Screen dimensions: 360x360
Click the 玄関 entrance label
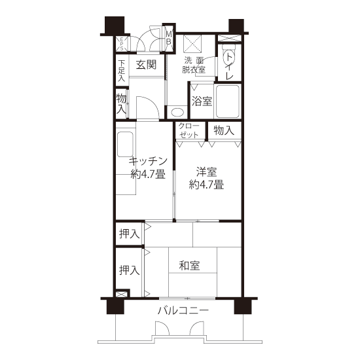(x=146, y=65)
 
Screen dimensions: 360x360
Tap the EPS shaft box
(x=122, y=44)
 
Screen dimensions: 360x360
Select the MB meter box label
(x=169, y=38)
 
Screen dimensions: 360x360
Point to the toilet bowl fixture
(x=228, y=56)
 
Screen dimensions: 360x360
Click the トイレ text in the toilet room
(x=228, y=66)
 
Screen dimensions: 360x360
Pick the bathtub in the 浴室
(x=228, y=101)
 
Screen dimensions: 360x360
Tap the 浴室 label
(x=202, y=101)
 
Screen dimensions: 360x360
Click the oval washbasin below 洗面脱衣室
(x=177, y=113)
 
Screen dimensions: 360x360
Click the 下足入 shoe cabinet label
(x=122, y=71)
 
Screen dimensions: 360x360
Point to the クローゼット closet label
(x=189, y=130)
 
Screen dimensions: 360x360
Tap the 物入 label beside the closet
(x=224, y=130)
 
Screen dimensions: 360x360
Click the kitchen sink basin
(x=125, y=145)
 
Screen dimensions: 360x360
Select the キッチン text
(x=148, y=162)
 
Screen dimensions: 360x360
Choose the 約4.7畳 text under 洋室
(x=206, y=185)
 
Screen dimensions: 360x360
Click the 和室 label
(x=189, y=265)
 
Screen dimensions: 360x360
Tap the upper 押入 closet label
(x=129, y=234)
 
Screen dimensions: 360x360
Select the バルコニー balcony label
(x=183, y=311)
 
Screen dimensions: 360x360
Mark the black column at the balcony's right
(x=243, y=306)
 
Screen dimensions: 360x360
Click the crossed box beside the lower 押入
(x=121, y=294)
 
